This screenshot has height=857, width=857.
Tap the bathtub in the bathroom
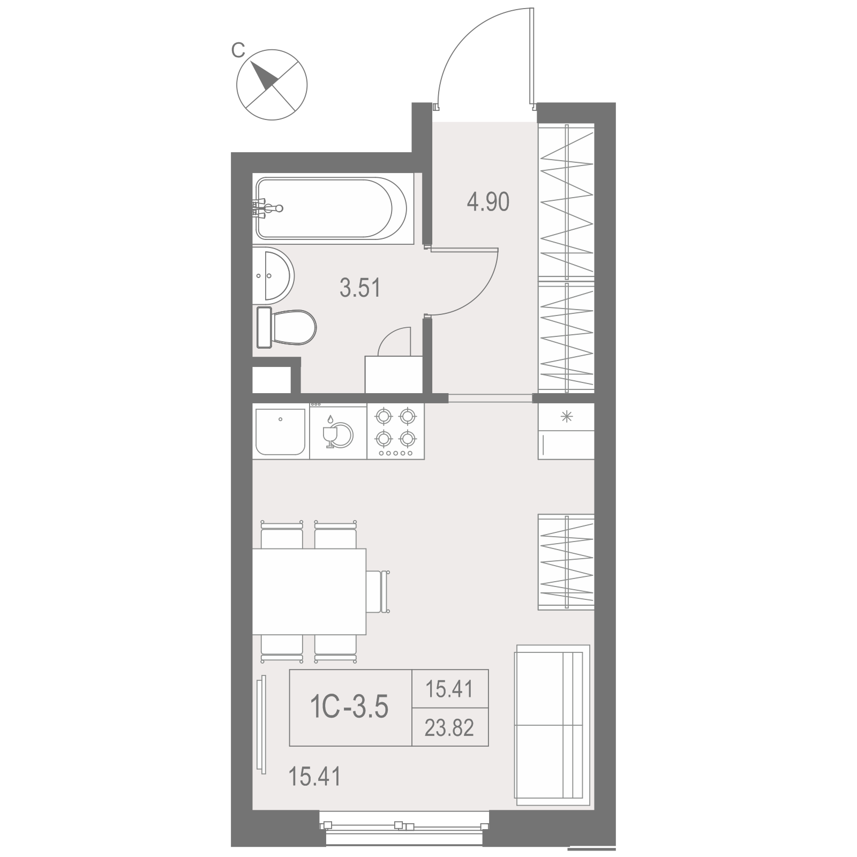click(x=332, y=208)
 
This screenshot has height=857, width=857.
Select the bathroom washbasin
click(x=273, y=276)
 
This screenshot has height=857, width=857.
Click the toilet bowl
click(x=287, y=327)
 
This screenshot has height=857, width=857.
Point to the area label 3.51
click(x=360, y=288)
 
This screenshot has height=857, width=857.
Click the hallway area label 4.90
click(x=488, y=202)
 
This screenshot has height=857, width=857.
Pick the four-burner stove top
click(x=396, y=431)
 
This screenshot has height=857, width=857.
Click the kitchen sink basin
click(x=281, y=431)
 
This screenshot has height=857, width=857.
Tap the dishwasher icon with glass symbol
click(x=339, y=431)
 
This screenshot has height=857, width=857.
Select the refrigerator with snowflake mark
click(x=566, y=431)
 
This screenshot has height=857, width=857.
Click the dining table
click(x=310, y=591)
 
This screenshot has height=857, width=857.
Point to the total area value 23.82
click(x=449, y=728)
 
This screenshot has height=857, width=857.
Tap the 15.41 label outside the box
click(x=314, y=776)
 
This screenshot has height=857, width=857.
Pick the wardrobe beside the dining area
click(x=566, y=562)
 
